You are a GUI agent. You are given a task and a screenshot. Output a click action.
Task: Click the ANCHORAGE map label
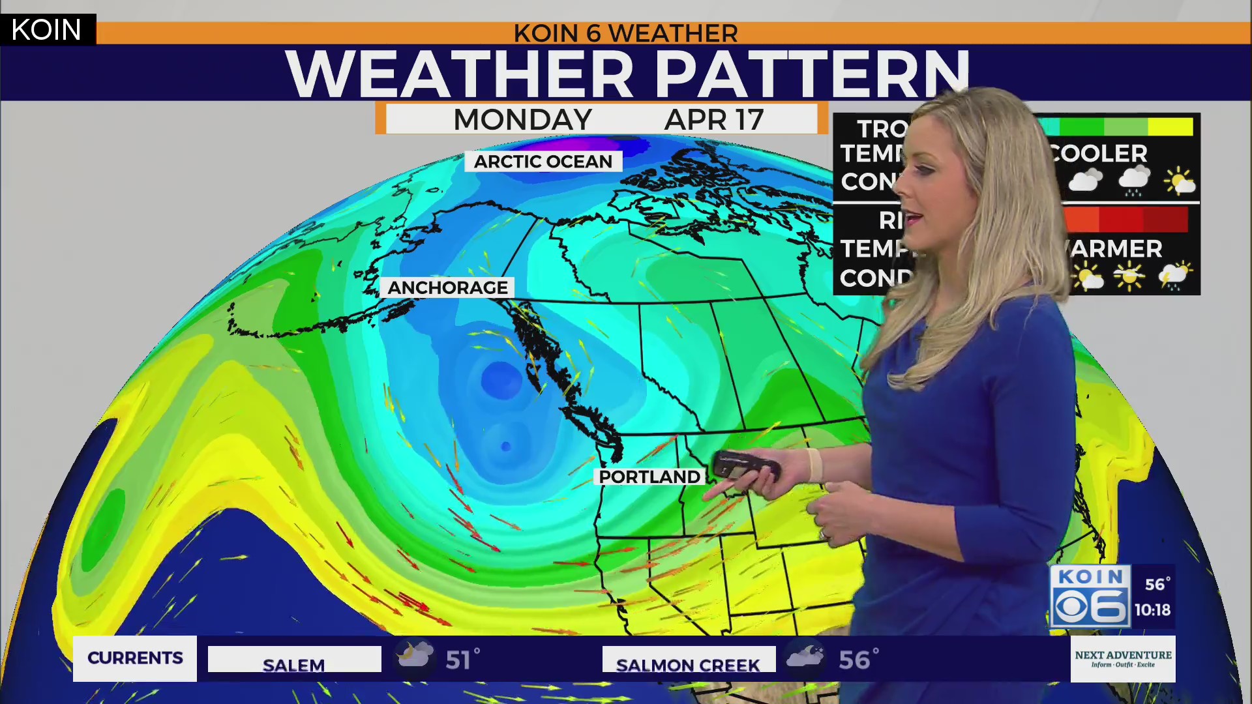pyautogui.click(x=447, y=287)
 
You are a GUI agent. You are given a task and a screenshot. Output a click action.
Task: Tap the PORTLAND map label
pyautogui.click(x=649, y=477)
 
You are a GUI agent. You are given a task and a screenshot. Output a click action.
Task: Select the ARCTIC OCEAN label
pyautogui.click(x=543, y=162)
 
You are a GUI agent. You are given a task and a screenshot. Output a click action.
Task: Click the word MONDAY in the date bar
pyautogui.click(x=522, y=120)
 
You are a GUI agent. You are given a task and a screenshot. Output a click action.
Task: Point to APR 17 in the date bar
pyautogui.click(x=713, y=120)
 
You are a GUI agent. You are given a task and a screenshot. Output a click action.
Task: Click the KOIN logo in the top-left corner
pyautogui.click(x=47, y=30)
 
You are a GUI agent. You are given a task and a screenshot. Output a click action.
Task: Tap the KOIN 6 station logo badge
pyautogui.click(x=1090, y=596)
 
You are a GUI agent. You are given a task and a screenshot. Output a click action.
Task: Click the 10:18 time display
pyautogui.click(x=1152, y=610)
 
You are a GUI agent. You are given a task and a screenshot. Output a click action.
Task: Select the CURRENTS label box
pyautogui.click(x=135, y=658)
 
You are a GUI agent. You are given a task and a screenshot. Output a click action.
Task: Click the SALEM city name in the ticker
pyautogui.click(x=294, y=664)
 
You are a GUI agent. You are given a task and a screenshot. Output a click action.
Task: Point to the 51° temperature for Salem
pyautogui.click(x=462, y=660)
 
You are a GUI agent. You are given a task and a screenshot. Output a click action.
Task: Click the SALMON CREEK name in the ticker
pyautogui.click(x=688, y=664)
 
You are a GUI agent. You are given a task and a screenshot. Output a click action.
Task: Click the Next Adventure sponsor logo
pyautogui.click(x=1123, y=658)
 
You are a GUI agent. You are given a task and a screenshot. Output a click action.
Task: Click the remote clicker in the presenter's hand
pyautogui.click(x=745, y=465)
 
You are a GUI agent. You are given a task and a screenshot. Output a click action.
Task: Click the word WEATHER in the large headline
pyautogui.click(x=460, y=73)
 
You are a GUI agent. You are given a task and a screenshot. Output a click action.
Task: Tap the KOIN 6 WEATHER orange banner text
pyautogui.click(x=625, y=33)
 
